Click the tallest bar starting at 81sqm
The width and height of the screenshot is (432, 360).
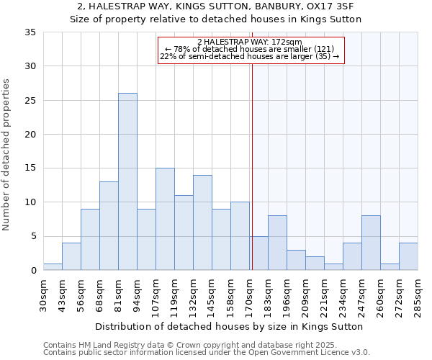(127, 181)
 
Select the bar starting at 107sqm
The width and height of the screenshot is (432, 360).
(165, 219)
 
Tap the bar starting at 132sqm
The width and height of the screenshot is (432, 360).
(202, 222)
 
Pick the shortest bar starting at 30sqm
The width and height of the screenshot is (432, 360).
(53, 267)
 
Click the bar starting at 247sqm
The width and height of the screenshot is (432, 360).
(371, 243)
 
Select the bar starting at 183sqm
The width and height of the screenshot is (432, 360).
(277, 243)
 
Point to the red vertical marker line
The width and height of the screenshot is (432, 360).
(252, 166)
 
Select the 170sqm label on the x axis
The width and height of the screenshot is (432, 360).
(249, 295)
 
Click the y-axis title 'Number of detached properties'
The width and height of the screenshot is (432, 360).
(6, 155)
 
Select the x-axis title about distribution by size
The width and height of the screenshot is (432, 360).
(229, 326)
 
